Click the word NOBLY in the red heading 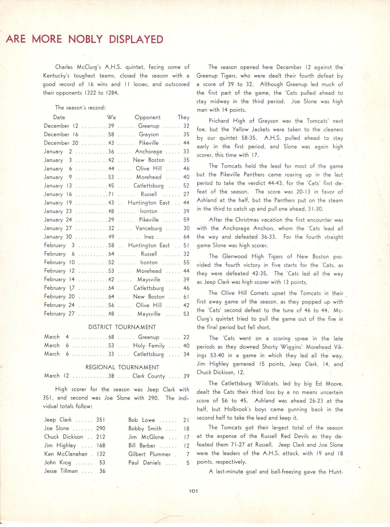[85, 39]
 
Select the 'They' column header [183, 117]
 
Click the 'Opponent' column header [147, 117]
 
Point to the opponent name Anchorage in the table [149, 152]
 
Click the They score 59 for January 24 [186, 220]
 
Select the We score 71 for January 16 [111, 194]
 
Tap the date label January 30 [58, 237]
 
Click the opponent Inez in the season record [149, 237]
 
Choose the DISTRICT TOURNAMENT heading [122, 327]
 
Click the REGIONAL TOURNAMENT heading [122, 367]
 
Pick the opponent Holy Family [149, 346]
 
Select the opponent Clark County [149, 376]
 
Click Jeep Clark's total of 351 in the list [100, 420]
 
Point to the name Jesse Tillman [61, 471]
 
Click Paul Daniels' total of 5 [188, 463]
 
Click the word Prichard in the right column [219, 121]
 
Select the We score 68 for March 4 [111, 337]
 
